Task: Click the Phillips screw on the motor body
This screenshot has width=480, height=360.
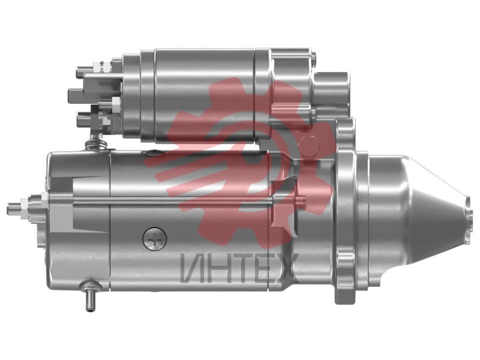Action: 155,239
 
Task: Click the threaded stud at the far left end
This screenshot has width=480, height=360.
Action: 14,208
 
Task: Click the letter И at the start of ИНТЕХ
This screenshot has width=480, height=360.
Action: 192,268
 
